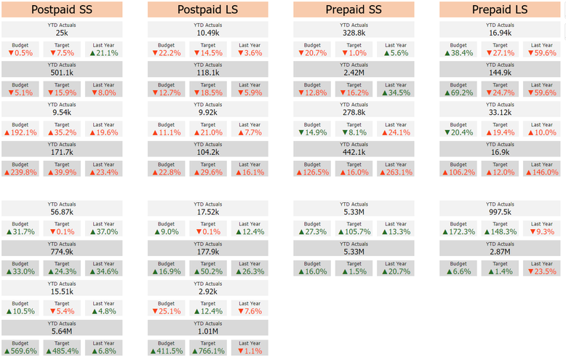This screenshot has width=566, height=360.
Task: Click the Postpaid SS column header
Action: point(62,9)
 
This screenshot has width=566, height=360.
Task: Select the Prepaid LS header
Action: point(500,9)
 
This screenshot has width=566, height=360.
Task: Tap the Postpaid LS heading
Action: point(207,9)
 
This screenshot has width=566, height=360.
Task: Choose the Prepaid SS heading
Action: point(354,9)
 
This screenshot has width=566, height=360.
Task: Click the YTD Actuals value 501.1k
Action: point(62,73)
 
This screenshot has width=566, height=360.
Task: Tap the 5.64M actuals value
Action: point(62,331)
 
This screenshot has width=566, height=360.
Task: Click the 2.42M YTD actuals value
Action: point(354,73)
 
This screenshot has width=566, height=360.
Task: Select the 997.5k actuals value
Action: point(500,212)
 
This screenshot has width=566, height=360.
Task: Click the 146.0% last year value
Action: point(542,172)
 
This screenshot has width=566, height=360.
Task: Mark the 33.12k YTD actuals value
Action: point(500,112)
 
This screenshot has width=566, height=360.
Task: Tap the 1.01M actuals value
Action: point(208,331)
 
